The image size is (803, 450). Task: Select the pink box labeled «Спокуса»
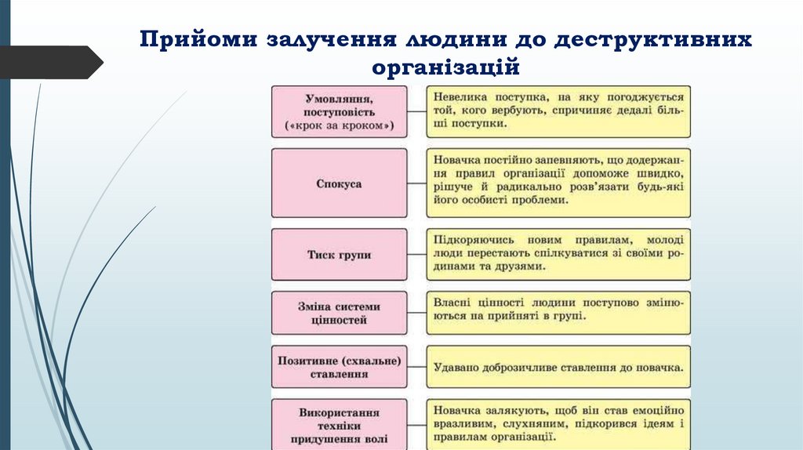[340, 183]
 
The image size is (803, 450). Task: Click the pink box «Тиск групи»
[340, 255]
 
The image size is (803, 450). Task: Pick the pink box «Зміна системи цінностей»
[340, 313]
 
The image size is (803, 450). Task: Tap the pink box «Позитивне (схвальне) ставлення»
[340, 367]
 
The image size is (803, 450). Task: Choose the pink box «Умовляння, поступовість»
[340, 112]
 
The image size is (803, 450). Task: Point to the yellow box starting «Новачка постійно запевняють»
[558, 183]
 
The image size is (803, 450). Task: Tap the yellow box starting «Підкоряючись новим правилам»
[558, 254]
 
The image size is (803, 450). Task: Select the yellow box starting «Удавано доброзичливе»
[558, 367]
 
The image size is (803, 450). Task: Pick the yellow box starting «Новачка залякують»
[558, 424]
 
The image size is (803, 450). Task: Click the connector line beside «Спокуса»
[417, 183]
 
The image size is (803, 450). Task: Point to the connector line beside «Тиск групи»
[417, 255]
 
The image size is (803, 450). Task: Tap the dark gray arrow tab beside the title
[51, 62]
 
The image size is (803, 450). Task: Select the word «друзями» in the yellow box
[518, 267]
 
